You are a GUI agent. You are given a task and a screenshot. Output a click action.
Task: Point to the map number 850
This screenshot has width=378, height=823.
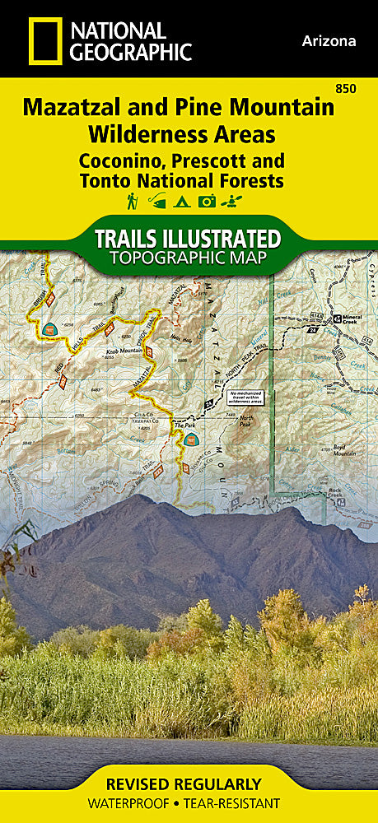tap(357, 88)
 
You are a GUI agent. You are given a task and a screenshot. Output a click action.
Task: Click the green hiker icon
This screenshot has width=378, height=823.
tap(132, 200)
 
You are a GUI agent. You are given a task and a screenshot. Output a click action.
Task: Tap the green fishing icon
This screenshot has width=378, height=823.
tap(156, 200)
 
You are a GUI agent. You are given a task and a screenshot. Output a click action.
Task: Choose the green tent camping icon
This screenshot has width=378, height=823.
tap(181, 200)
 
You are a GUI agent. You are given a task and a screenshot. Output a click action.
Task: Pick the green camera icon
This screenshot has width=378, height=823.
tap(206, 200)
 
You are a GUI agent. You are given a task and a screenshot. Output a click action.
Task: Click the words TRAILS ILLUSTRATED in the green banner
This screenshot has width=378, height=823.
tap(189, 239)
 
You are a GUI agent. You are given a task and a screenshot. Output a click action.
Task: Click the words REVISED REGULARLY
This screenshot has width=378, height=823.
tap(189, 783)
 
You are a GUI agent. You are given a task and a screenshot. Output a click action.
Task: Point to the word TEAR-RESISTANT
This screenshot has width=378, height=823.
tap(240, 803)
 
